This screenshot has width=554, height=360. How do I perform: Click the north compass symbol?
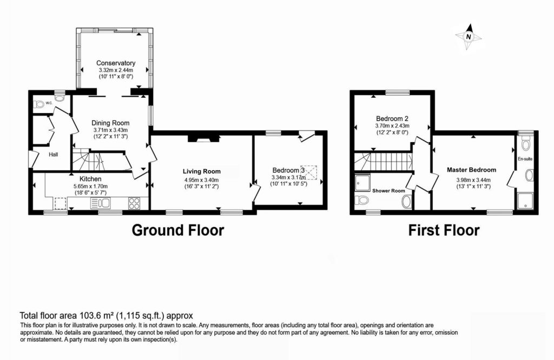[x=470, y=37]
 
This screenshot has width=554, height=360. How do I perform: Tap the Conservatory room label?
[x=116, y=63]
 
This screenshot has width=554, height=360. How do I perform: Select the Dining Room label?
[x=110, y=123]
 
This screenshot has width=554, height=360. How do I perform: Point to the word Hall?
[x=53, y=155]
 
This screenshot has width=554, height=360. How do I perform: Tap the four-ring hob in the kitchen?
[x=135, y=204]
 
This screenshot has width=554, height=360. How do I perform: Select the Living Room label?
[x=202, y=171]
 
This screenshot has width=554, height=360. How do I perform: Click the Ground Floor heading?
[x=178, y=230]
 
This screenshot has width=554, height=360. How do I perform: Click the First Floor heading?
[x=444, y=230]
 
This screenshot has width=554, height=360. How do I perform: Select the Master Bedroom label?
[x=471, y=170]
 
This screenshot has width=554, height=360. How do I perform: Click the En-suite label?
[x=525, y=159]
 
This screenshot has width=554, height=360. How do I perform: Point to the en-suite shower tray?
[x=525, y=201]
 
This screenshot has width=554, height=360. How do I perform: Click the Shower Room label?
[x=388, y=191]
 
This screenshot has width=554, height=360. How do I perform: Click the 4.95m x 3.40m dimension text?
[x=202, y=179]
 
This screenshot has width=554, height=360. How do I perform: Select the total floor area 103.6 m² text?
[x=106, y=315]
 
